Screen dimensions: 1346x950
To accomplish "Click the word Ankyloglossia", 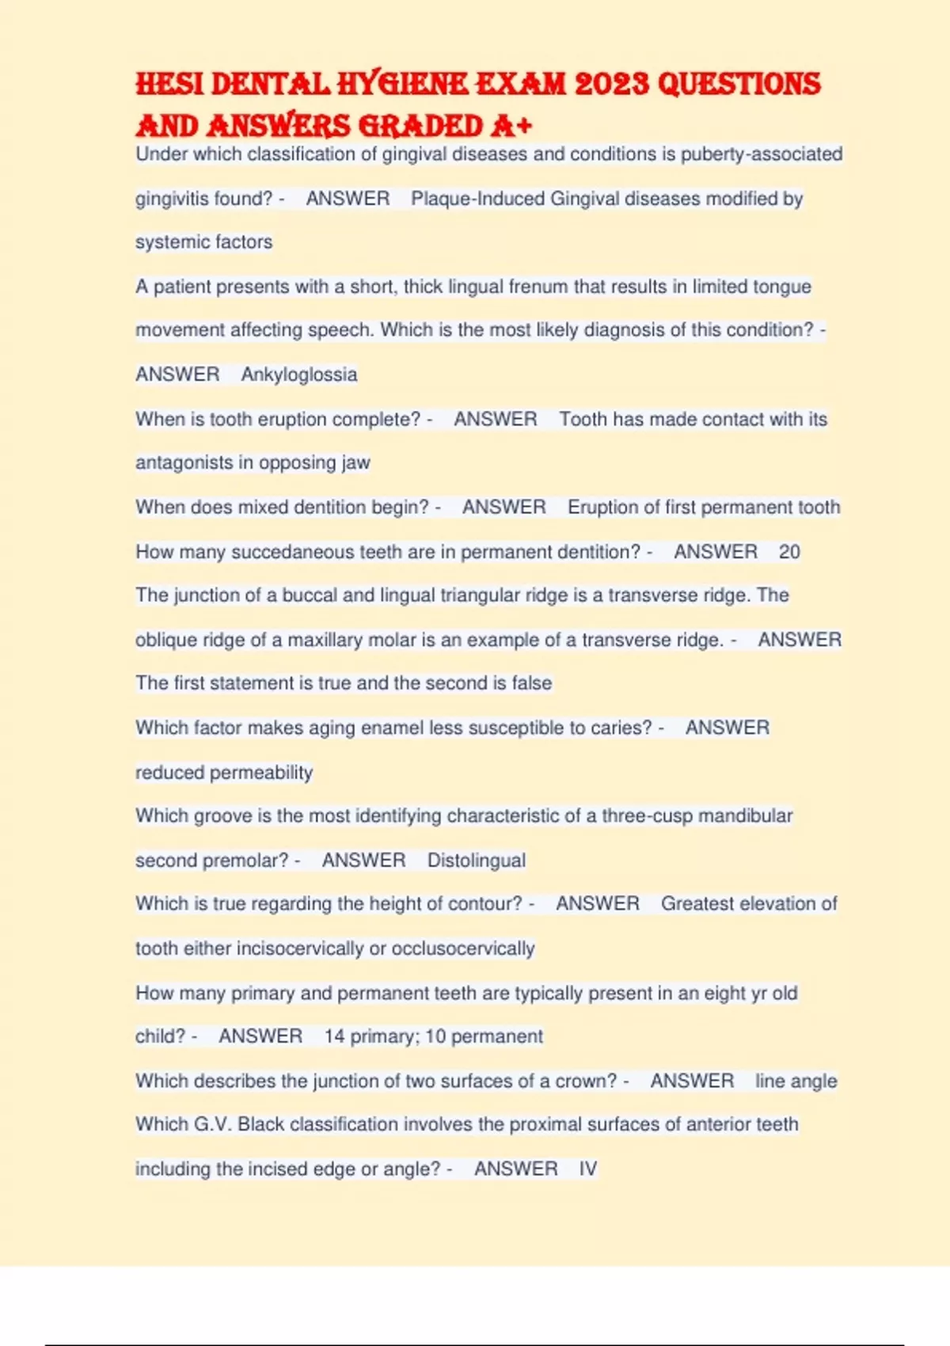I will (299, 375).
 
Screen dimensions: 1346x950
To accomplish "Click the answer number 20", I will (789, 552).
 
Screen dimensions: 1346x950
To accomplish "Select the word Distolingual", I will (477, 861).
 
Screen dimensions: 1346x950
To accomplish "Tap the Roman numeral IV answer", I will (588, 1169).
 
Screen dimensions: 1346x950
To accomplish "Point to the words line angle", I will (796, 1082).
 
